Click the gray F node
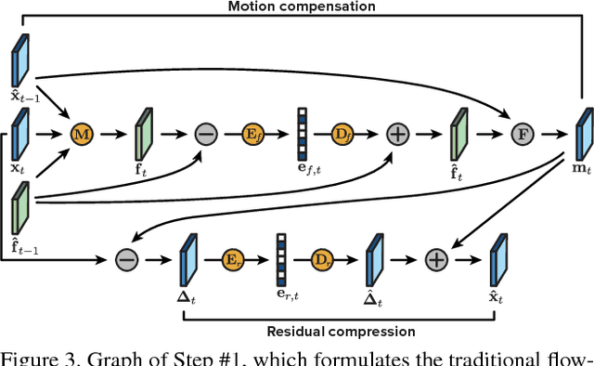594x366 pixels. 523,133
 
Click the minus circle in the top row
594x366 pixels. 205,133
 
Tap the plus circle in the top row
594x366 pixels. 397,133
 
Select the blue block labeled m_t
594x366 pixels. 583,131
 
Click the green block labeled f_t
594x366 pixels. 145,131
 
